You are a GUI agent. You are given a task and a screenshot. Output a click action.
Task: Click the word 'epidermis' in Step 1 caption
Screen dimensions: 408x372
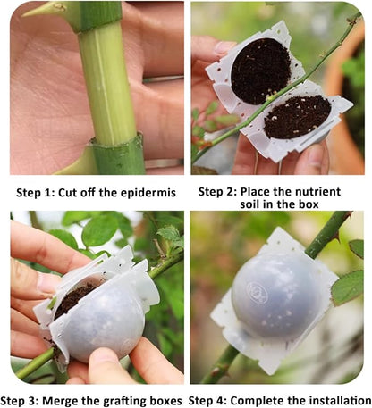tap(148, 191)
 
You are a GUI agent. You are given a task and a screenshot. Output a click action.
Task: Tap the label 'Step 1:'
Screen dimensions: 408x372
tap(38, 191)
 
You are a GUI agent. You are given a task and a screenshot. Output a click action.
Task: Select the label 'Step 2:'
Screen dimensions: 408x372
tap(218, 190)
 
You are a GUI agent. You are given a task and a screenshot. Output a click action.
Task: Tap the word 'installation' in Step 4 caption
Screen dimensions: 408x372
tap(335, 399)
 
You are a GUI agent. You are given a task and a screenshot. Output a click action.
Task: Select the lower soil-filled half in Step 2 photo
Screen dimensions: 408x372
tap(298, 116)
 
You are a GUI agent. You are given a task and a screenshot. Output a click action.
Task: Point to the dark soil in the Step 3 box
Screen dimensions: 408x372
tap(76, 298)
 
